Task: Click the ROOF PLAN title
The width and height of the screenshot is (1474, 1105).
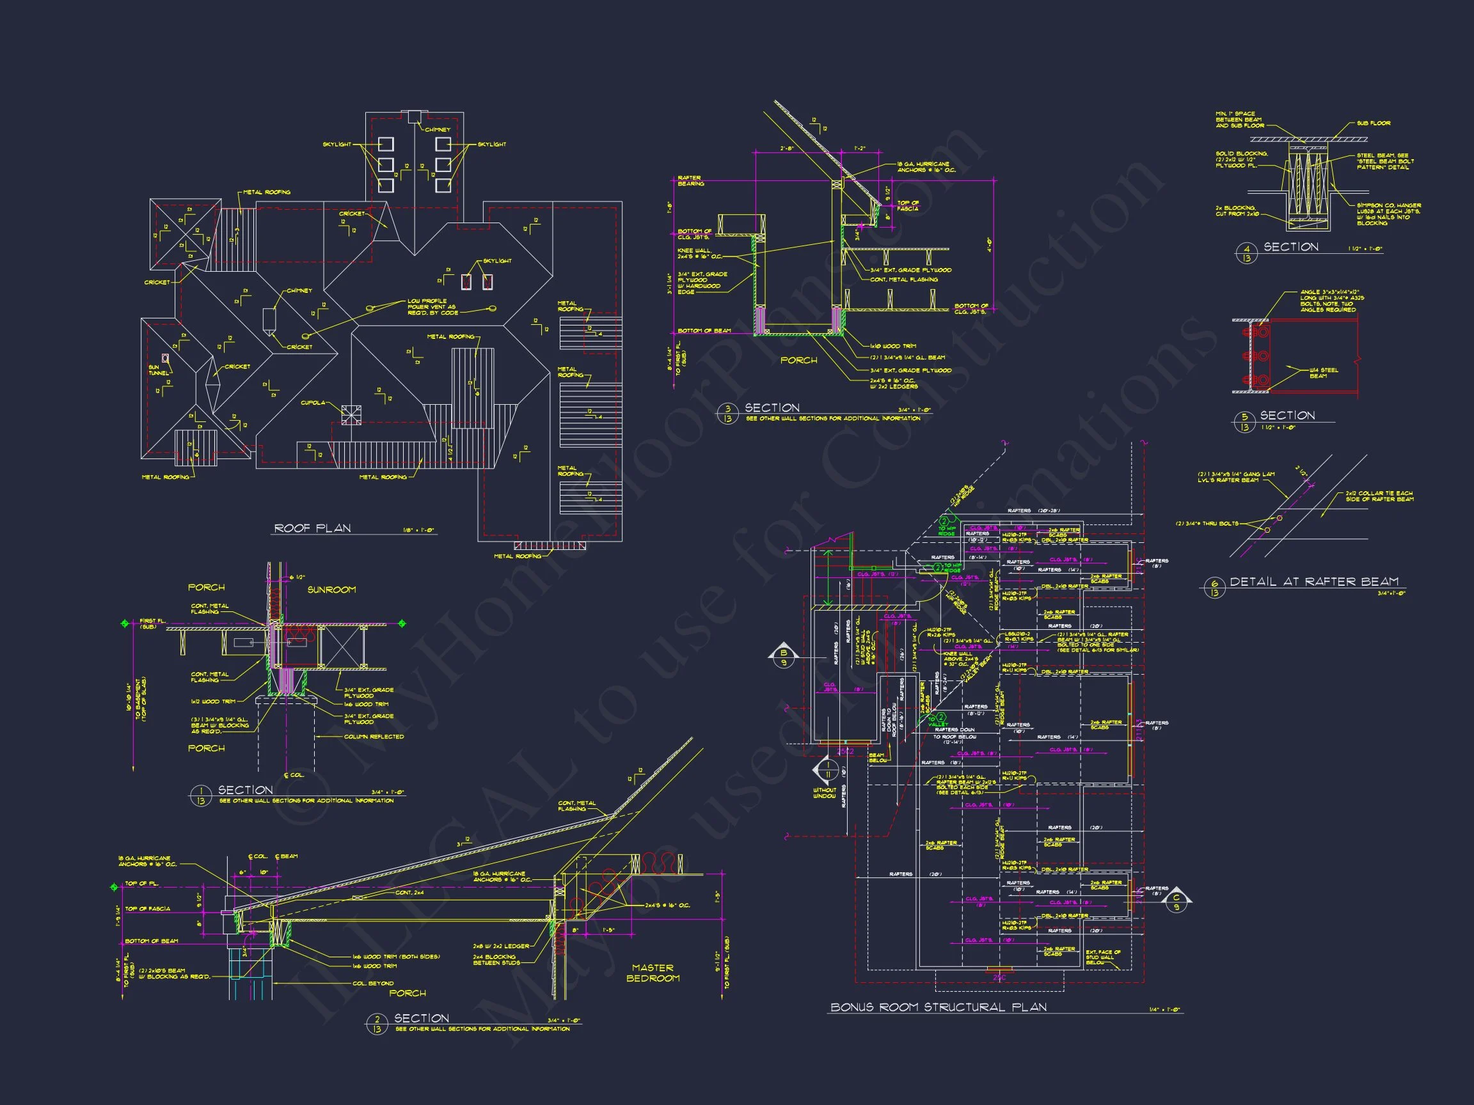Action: click(x=313, y=528)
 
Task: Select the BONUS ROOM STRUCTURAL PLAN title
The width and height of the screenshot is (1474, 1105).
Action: click(x=939, y=1007)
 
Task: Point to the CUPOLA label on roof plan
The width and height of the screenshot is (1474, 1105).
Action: click(x=313, y=403)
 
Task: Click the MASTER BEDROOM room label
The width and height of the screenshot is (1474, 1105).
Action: click(x=653, y=973)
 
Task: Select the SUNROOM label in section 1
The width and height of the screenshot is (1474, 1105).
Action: click(x=331, y=590)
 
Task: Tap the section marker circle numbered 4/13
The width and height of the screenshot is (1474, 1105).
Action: click(x=1246, y=253)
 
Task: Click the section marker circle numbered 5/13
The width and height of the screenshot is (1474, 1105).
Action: click(x=1244, y=422)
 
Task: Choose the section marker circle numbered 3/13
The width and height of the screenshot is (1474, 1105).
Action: click(x=727, y=414)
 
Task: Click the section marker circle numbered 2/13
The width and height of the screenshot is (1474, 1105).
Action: click(x=376, y=1024)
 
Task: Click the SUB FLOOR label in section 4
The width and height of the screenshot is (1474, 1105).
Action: click(x=1374, y=123)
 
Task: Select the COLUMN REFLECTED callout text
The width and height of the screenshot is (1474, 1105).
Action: click(x=374, y=737)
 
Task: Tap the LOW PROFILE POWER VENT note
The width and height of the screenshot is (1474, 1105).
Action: click(x=432, y=306)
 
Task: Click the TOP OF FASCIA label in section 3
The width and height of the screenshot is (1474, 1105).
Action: click(x=908, y=206)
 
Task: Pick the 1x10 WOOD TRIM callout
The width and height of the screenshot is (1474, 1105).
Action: click(x=893, y=347)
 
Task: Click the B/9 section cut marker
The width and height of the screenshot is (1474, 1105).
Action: click(x=783, y=657)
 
